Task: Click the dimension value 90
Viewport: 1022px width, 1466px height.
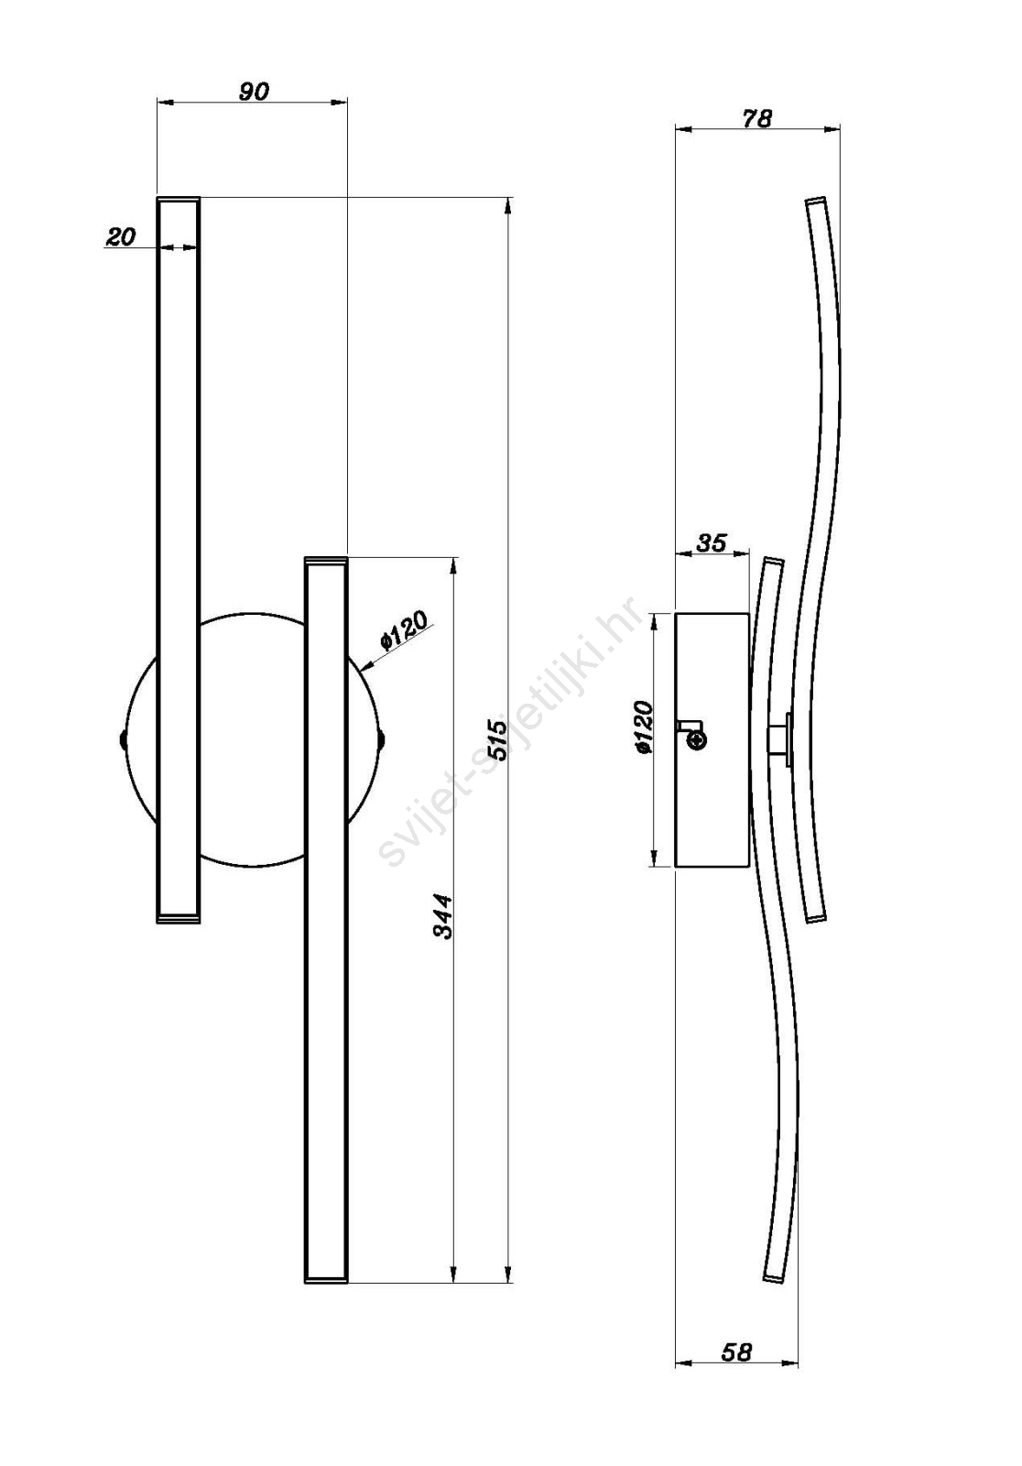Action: [253, 92]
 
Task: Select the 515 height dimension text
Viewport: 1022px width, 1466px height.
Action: [498, 739]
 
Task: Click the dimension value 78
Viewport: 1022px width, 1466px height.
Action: [756, 118]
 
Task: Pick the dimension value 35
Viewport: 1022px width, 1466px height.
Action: [712, 542]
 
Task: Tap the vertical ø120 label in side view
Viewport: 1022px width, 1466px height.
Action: [644, 727]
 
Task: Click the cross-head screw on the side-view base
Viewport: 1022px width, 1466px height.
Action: [698, 740]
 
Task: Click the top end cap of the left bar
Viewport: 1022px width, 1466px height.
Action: [178, 198]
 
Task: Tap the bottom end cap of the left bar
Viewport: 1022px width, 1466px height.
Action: [178, 919]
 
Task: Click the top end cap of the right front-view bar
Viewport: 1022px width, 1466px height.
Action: [326, 560]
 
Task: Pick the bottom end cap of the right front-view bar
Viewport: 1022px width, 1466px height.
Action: [326, 1278]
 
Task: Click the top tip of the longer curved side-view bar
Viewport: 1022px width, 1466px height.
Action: [815, 200]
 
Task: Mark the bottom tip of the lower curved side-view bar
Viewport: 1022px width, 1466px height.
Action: [773, 1279]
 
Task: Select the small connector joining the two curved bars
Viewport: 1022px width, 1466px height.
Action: [781, 738]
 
